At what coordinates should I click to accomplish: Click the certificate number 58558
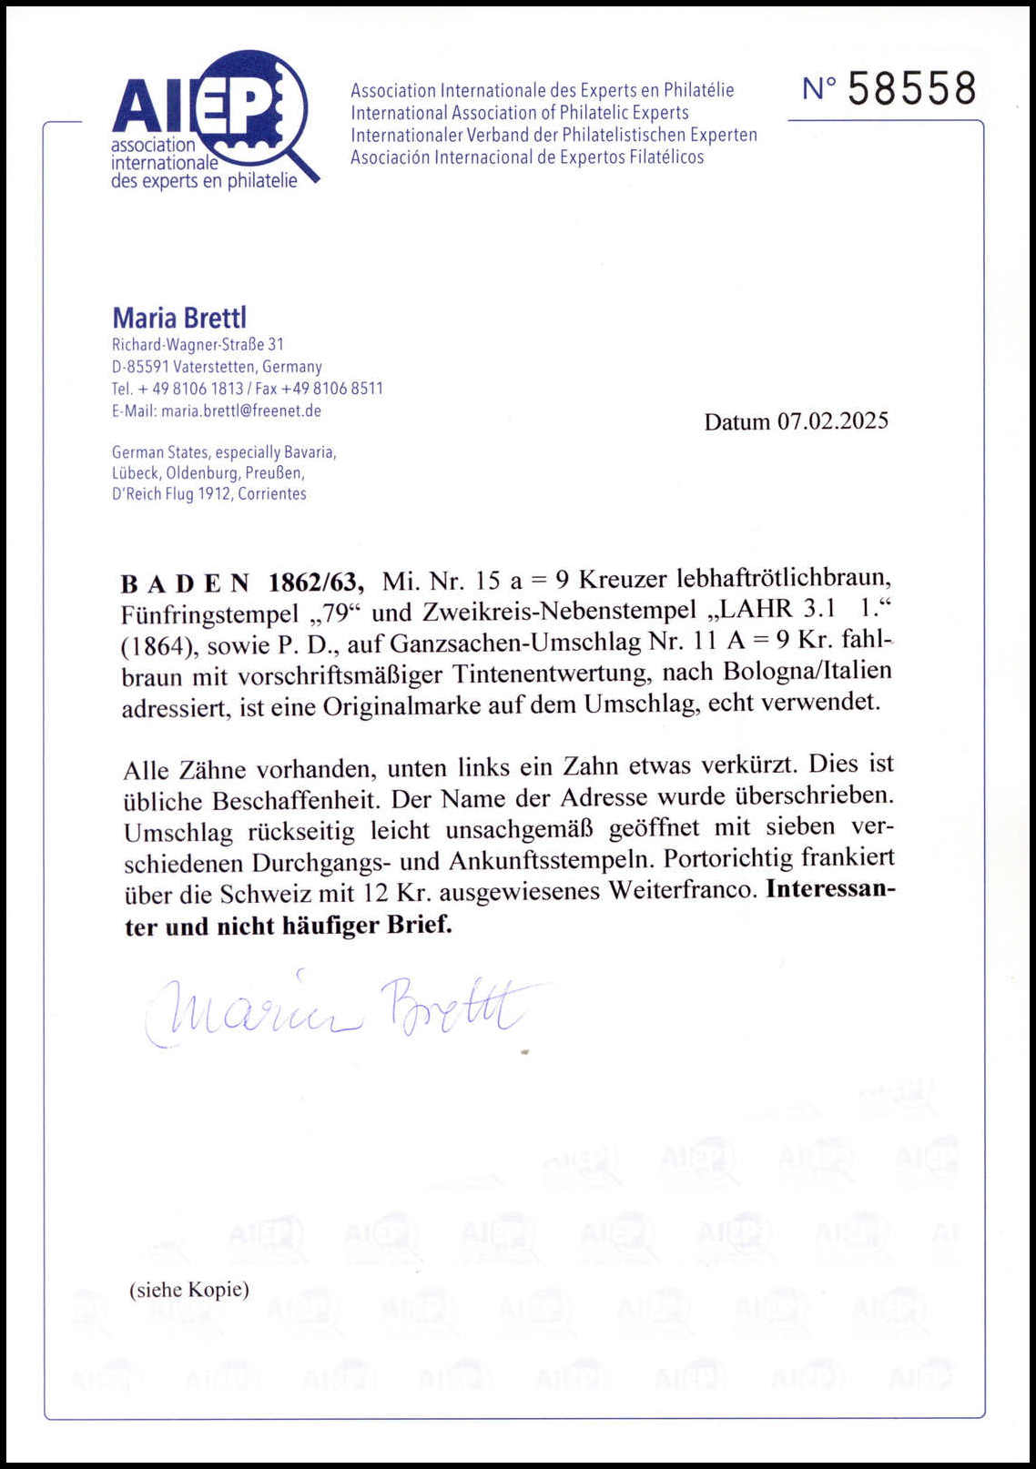tap(911, 89)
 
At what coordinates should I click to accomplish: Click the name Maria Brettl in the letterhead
tap(179, 318)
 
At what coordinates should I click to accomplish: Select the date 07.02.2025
tap(832, 421)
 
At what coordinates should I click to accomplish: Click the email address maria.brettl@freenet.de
tap(241, 410)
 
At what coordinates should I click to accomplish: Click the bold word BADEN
tap(185, 583)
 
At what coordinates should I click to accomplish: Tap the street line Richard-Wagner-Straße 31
tap(198, 345)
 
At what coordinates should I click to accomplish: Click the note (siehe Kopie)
tap(189, 1290)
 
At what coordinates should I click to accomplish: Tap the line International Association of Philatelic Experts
tap(520, 113)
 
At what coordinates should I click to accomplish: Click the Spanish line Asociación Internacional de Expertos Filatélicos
tap(527, 157)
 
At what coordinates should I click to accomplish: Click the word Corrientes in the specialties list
tap(272, 494)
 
